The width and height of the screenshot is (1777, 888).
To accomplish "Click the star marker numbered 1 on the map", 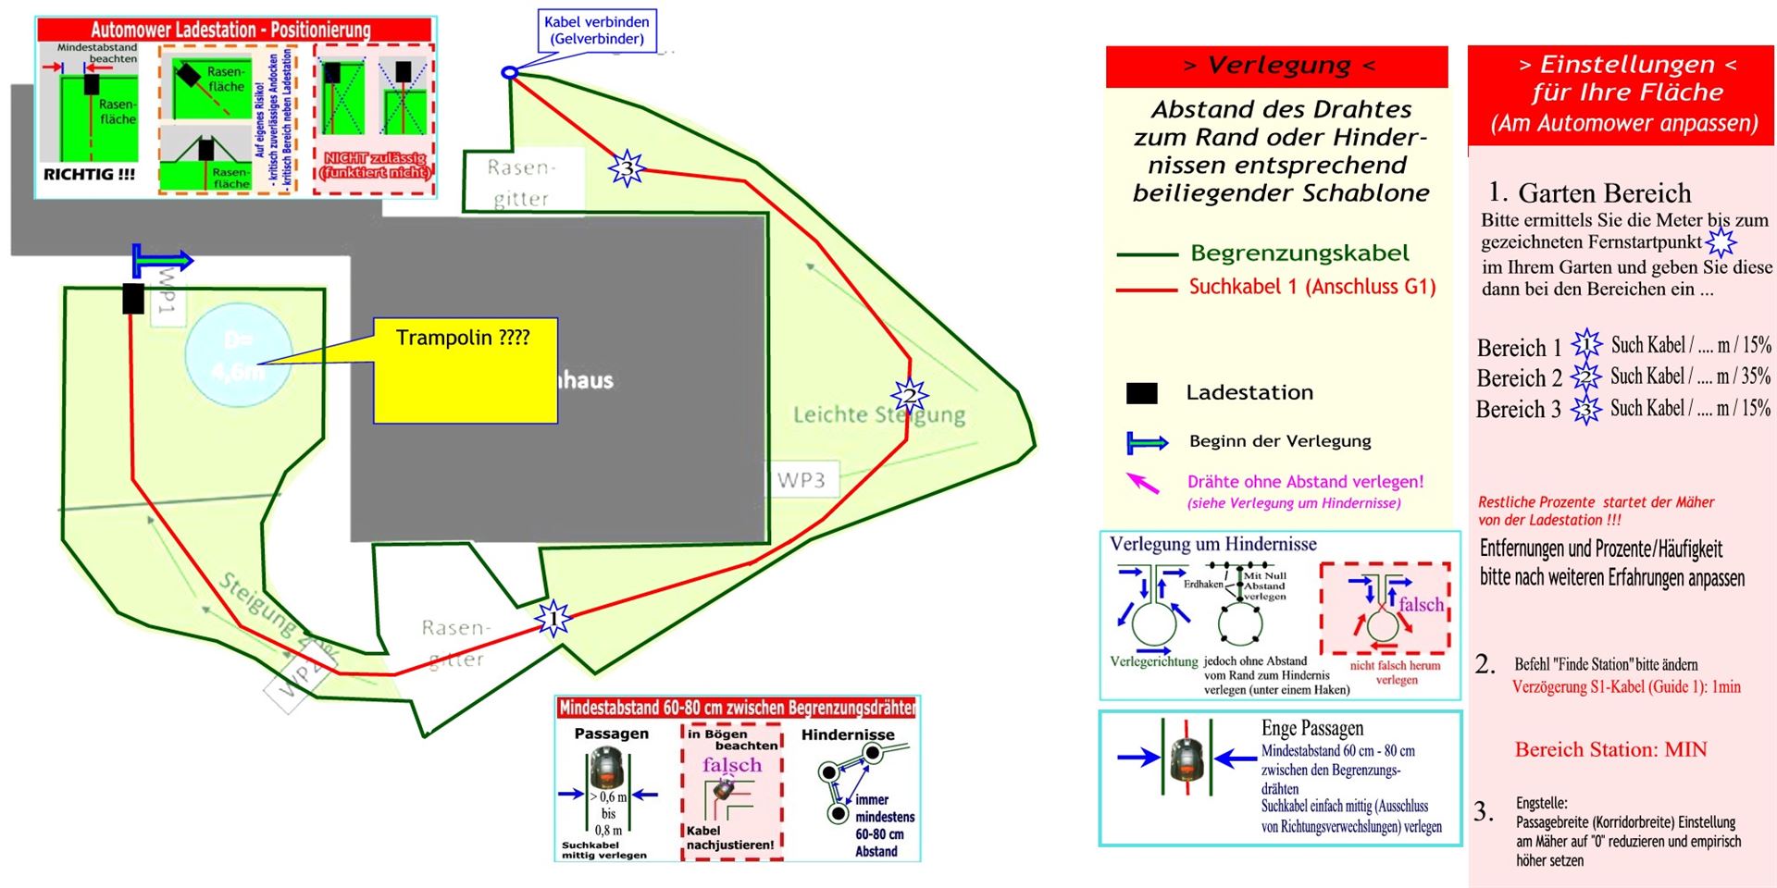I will pos(553,618).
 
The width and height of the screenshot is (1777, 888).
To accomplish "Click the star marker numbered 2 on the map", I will pos(910,396).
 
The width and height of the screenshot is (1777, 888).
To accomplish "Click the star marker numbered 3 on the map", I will pos(627,168).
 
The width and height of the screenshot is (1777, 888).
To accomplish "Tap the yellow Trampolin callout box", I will pos(465,370).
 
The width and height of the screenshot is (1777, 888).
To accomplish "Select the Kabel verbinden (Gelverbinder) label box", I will pos(597,31).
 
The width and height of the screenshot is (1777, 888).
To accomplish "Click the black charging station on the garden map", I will pos(133,298).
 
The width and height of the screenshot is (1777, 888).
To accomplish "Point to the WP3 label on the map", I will pos(802,480).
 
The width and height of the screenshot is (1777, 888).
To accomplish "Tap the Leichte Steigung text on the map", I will pos(878,415).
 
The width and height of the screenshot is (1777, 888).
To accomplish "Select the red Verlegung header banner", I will pos(1276,66).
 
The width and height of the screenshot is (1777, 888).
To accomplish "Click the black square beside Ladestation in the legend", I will pos(1141,393).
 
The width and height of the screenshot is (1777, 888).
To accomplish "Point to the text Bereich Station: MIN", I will pos(1610,749).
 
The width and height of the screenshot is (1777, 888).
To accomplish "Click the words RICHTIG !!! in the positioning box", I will pos(90,174).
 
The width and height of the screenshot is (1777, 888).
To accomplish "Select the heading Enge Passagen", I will pos(1311,728).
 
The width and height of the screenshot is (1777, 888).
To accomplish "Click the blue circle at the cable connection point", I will pos(508,72).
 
